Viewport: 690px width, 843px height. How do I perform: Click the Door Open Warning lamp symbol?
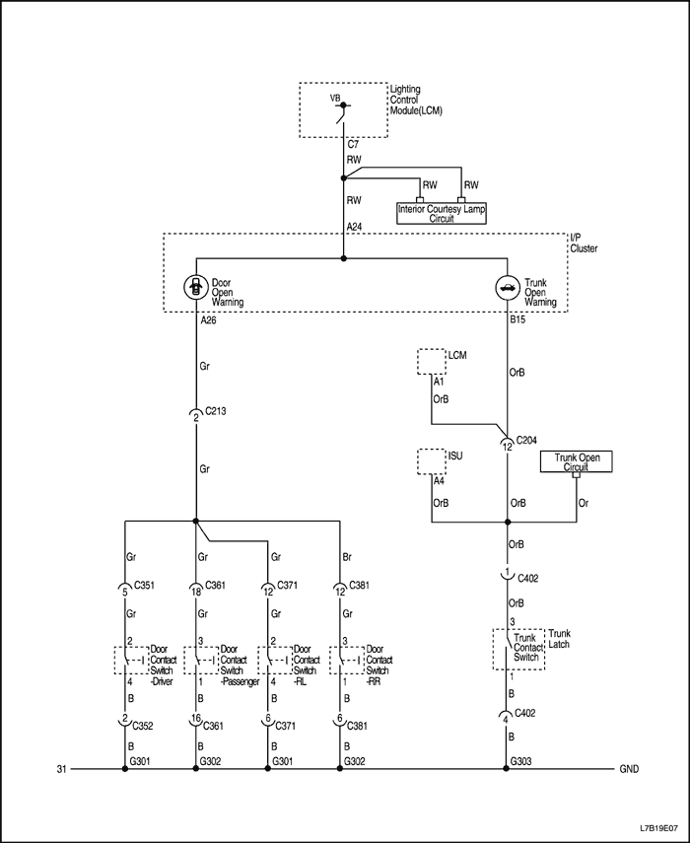[x=194, y=288]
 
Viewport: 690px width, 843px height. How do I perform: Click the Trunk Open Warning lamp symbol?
[x=506, y=288]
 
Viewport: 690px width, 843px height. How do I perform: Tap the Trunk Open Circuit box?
[x=577, y=461]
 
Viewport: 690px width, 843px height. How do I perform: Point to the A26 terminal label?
[x=208, y=320]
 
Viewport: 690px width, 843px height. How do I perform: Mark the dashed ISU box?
[x=432, y=460]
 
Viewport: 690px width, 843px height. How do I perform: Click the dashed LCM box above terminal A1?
[x=432, y=360]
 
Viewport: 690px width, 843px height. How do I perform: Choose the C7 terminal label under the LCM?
[x=353, y=144]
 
